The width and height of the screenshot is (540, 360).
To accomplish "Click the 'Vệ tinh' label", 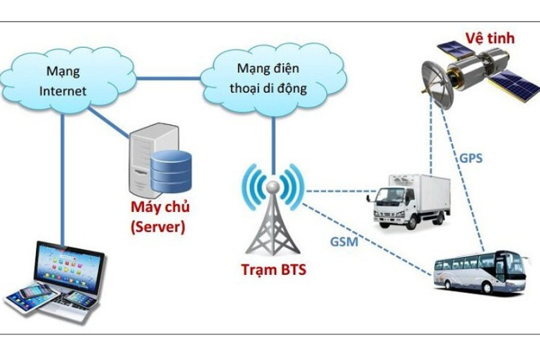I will coord(488,37).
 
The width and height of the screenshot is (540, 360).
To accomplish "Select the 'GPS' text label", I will coord(471,158).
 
